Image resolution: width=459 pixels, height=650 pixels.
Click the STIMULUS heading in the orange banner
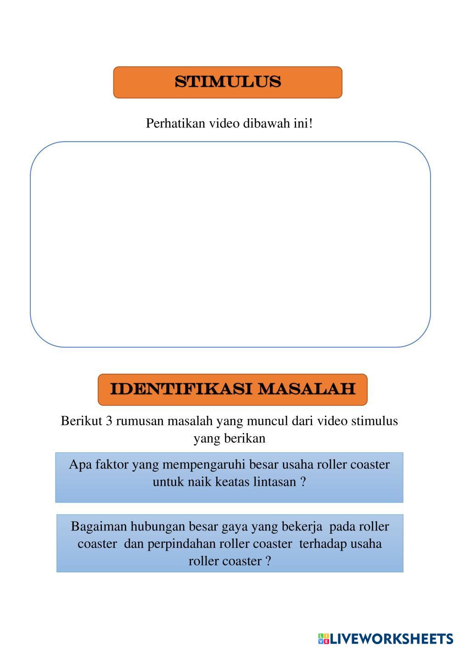click(x=228, y=82)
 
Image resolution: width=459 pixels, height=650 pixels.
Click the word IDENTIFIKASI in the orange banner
click(x=181, y=389)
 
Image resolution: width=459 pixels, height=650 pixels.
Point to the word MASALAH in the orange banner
click(x=307, y=389)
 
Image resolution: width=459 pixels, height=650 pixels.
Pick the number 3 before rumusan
click(x=109, y=421)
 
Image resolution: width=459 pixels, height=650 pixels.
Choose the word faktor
click(x=112, y=465)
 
